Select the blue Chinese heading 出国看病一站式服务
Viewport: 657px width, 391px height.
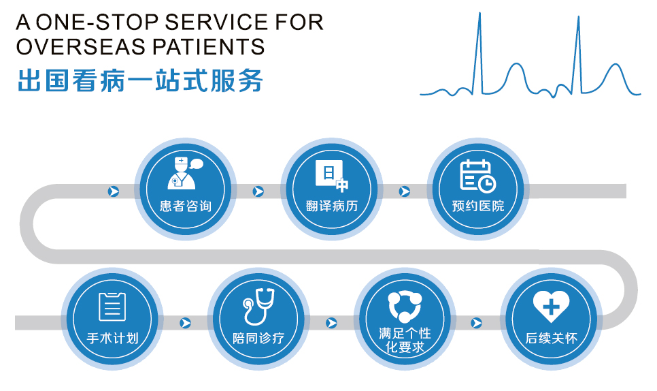pos(140,80)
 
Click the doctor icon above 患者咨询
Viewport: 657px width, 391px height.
pos(184,173)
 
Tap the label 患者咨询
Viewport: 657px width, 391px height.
pos(185,206)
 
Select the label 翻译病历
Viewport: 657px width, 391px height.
pos(332,206)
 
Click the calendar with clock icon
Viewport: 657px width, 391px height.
pos(477,176)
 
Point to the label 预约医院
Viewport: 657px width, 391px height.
pos(477,206)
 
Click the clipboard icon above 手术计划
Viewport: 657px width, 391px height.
pos(112,307)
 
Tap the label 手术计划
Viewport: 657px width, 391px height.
pos(112,338)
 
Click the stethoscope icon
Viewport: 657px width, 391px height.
pos(258,307)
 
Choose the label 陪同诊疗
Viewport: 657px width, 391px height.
pos(258,338)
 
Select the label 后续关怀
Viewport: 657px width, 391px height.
pos(551,338)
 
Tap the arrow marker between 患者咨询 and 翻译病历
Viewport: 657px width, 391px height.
pos(258,191)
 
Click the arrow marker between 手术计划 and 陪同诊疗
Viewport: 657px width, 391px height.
pos(185,323)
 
